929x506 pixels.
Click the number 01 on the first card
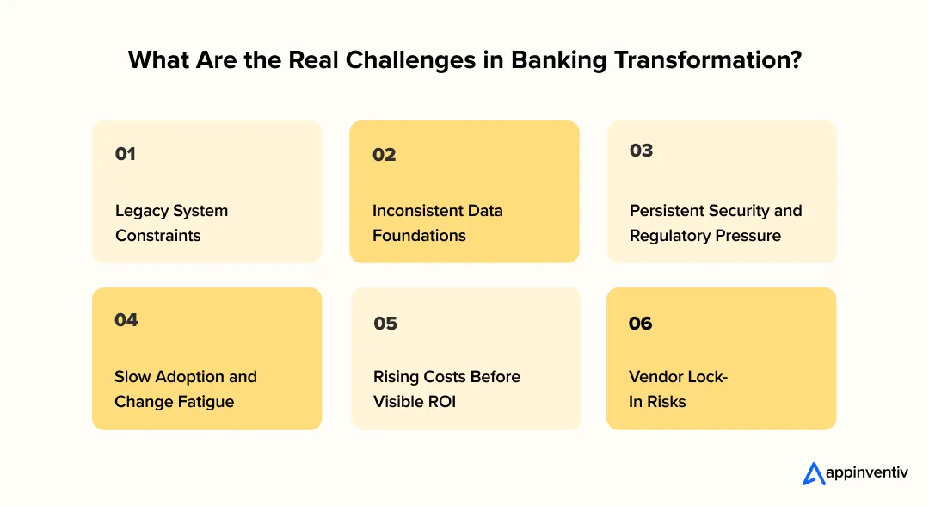pyautogui.click(x=126, y=154)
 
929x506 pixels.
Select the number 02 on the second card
pyautogui.click(x=384, y=155)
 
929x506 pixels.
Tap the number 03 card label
pyautogui.click(x=641, y=151)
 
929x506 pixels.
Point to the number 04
pyautogui.click(x=126, y=320)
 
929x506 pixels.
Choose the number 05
pyautogui.click(x=385, y=324)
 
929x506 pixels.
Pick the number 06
pyautogui.click(x=641, y=324)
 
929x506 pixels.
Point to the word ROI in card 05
pyautogui.click(x=440, y=401)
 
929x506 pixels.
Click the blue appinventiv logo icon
pyautogui.click(x=813, y=473)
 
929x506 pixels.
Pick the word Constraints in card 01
pyautogui.click(x=158, y=235)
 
